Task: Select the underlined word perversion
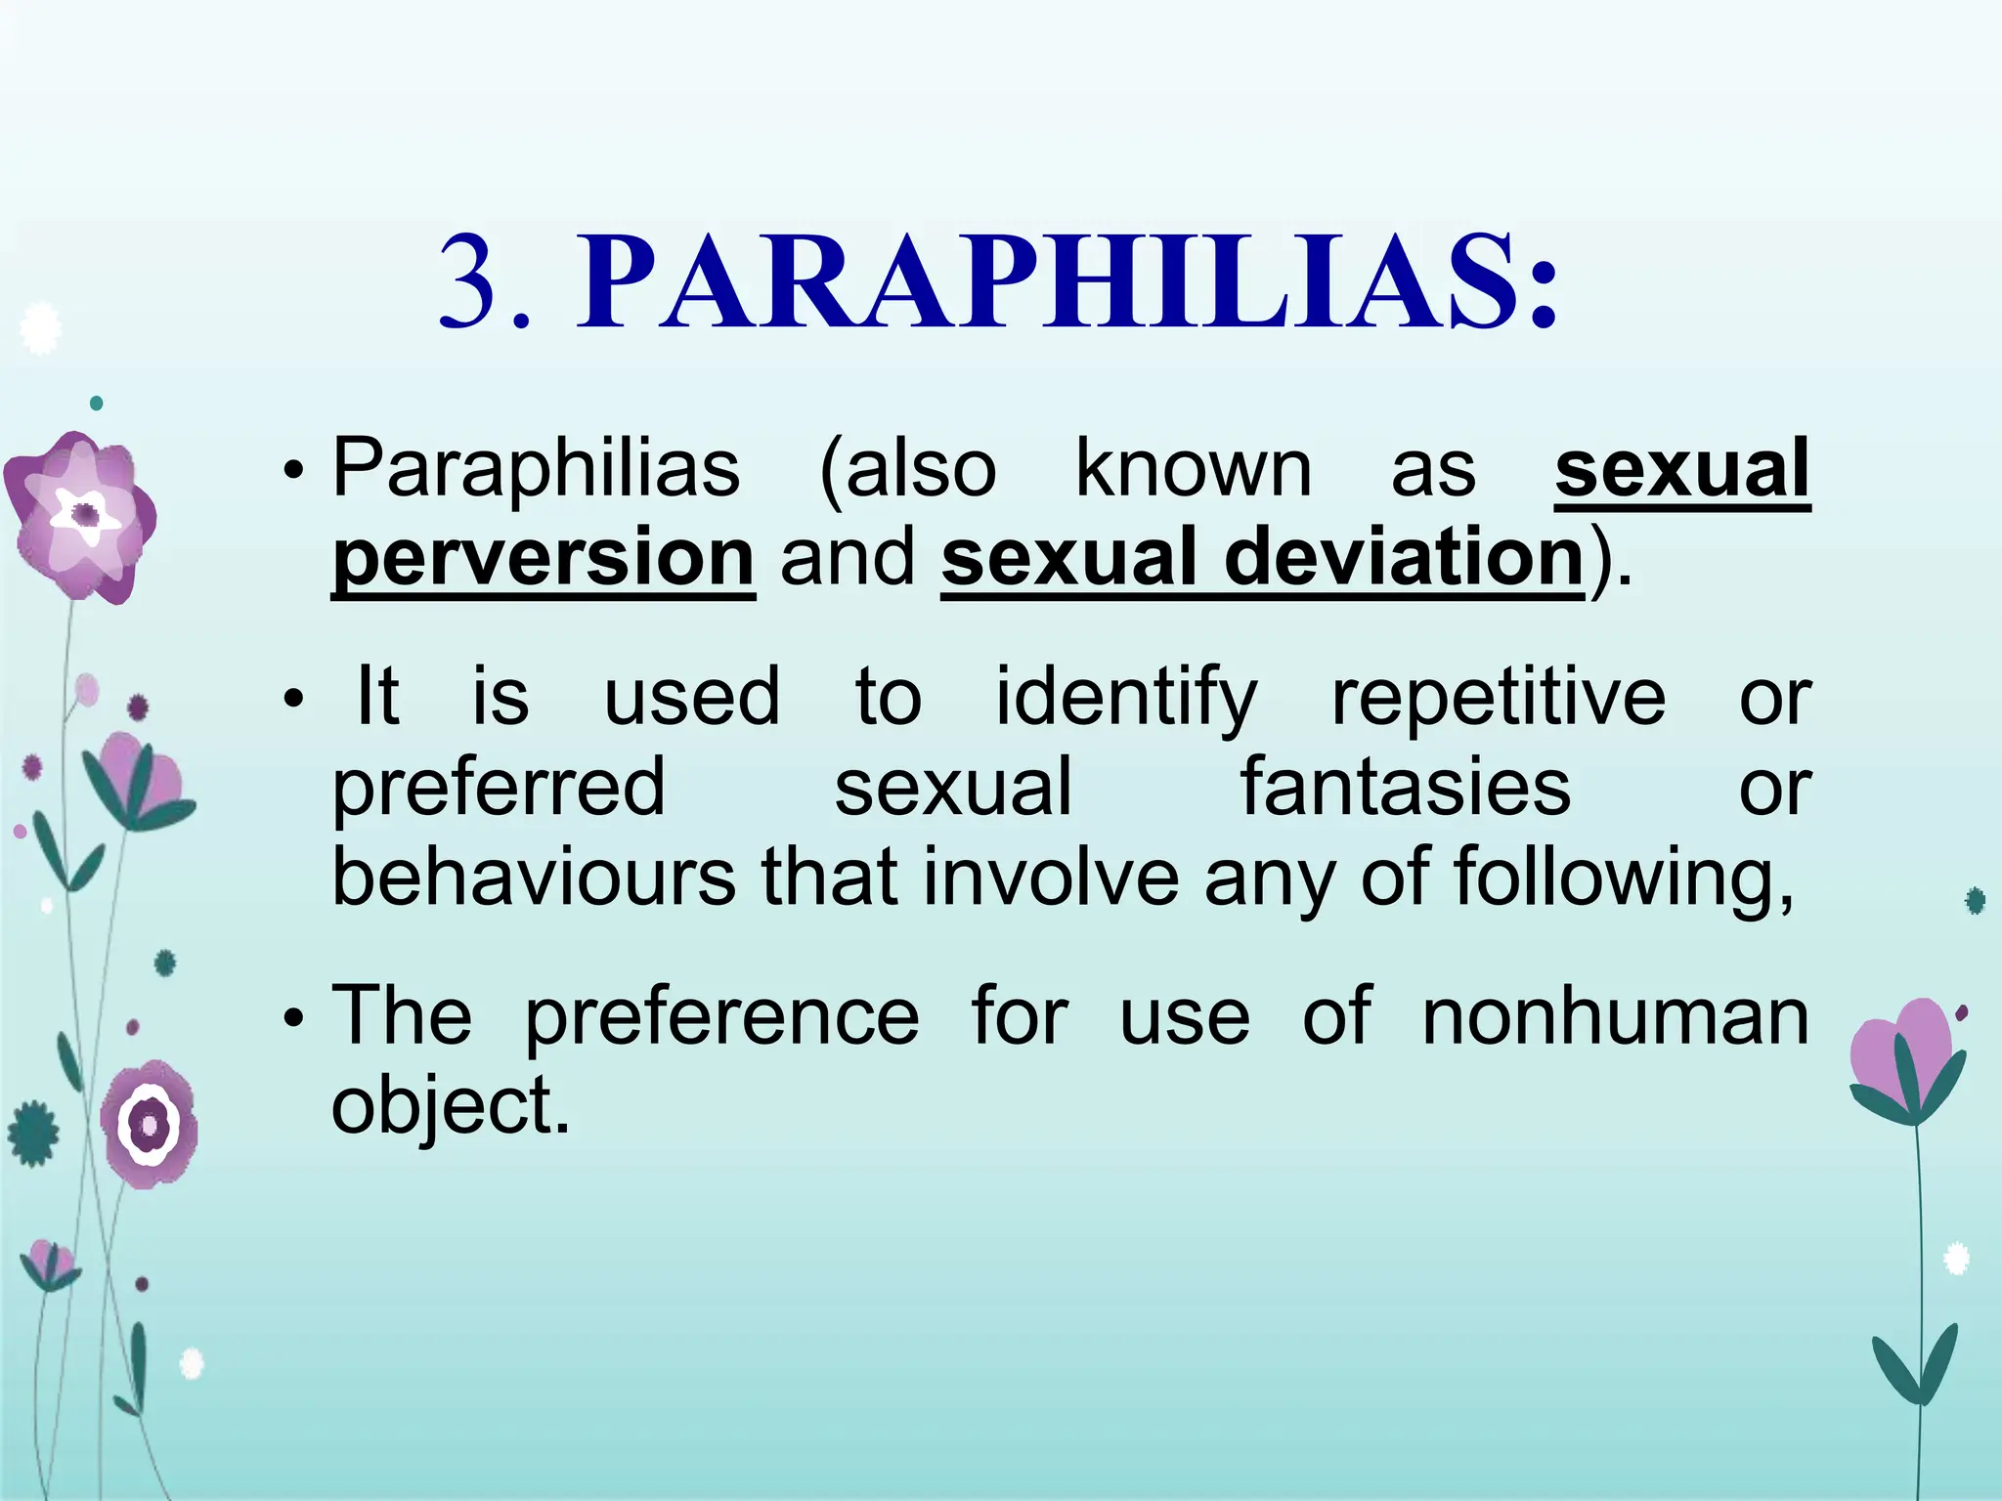click(543, 557)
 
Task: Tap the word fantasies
click(1405, 788)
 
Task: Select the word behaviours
click(534, 877)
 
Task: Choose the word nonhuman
click(1614, 1016)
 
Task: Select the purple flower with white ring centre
click(150, 1124)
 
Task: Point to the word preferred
click(499, 788)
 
